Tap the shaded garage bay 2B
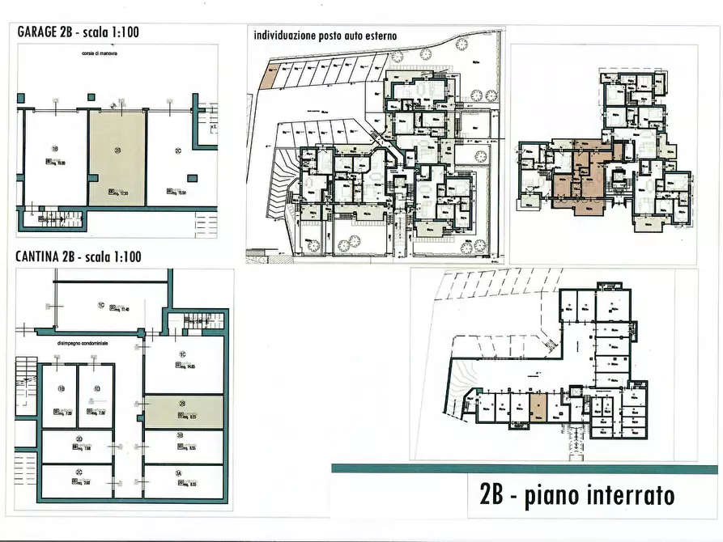[117, 158]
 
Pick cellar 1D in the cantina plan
[96, 394]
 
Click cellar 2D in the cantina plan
[78, 445]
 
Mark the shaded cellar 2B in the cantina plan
[183, 412]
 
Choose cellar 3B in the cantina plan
[183, 447]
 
